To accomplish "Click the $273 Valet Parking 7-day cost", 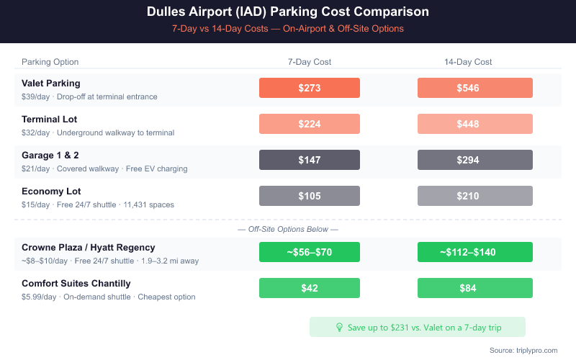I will [310, 88].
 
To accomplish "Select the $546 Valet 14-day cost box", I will [475, 88].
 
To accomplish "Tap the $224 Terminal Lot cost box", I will [310, 124].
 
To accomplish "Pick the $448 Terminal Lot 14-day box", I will [475, 124].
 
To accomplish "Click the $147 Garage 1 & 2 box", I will [310, 160].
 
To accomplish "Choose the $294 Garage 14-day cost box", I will [475, 160].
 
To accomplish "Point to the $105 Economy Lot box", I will [310, 196].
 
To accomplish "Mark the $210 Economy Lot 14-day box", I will [475, 196].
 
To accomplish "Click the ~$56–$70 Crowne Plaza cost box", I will [310, 252].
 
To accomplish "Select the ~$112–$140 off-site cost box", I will [475, 252].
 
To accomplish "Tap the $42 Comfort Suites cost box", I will [310, 288].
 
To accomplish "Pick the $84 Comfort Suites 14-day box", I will [475, 288].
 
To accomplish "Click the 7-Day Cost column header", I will [310, 62].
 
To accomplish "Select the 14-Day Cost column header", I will [468, 62].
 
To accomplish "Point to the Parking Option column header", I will [50, 62].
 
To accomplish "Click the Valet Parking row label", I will [51, 83].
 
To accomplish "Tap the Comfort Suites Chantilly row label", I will [76, 283].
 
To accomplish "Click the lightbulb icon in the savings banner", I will [340, 327].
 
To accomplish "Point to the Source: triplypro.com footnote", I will [523, 350].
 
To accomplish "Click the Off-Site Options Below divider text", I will [288, 229].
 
